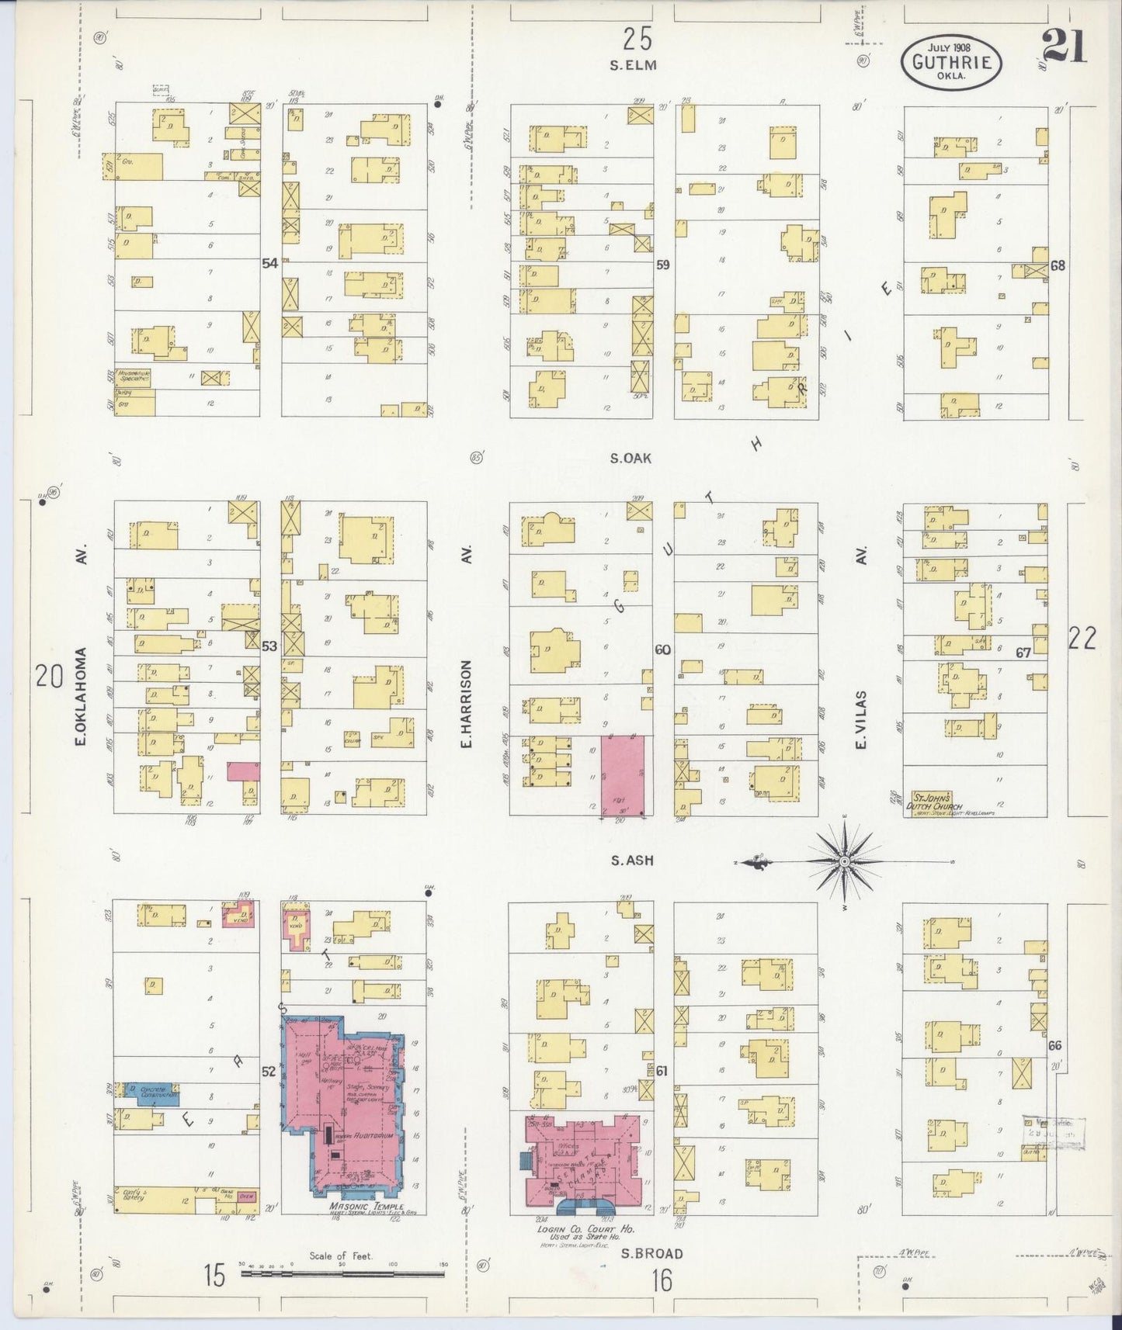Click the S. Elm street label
(x=633, y=66)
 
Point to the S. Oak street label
(x=630, y=459)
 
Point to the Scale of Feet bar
(x=342, y=1274)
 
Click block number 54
(x=269, y=264)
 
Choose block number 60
(x=662, y=649)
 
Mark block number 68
(x=1057, y=265)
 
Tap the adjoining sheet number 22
(x=1082, y=638)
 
